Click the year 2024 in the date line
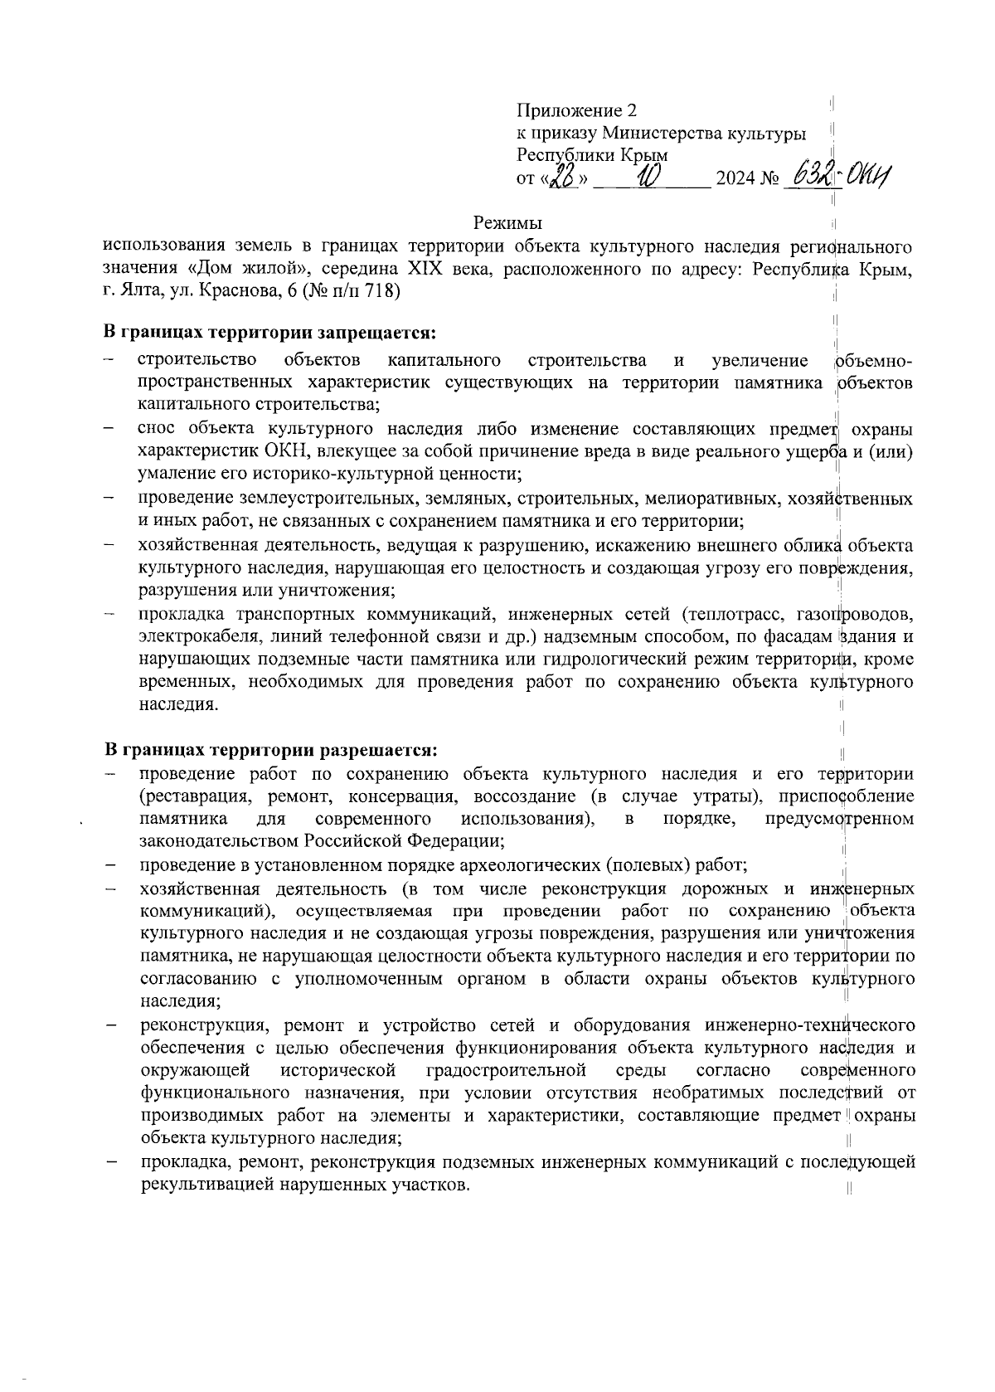point(734,178)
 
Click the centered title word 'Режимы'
point(508,223)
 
